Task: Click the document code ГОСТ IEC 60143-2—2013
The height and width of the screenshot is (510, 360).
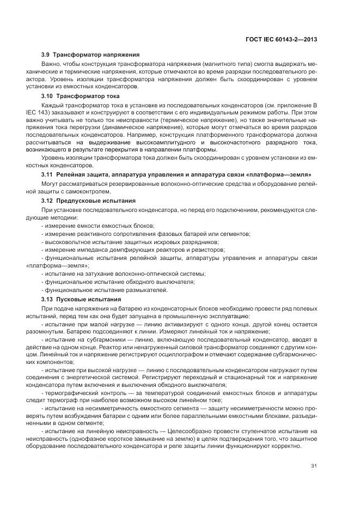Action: [282, 39]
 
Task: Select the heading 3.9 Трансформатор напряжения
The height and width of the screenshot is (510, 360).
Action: [90, 55]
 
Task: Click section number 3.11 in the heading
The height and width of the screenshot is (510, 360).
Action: [48, 174]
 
